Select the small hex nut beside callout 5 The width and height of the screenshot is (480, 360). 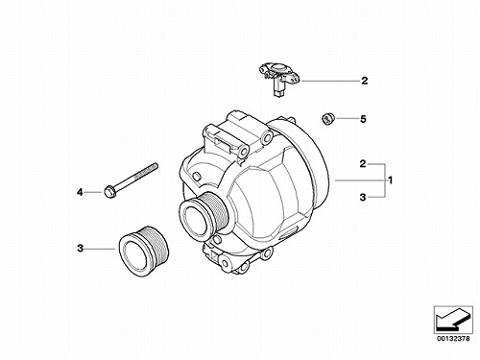[x=327, y=119]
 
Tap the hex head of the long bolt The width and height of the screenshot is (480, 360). [x=109, y=193]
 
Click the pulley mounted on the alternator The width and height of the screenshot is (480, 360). [x=203, y=213]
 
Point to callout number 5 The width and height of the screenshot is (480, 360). [x=363, y=119]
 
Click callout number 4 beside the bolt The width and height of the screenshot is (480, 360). [x=80, y=192]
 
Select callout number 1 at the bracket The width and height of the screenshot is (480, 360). [x=391, y=180]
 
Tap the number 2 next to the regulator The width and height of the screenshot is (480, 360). [x=365, y=81]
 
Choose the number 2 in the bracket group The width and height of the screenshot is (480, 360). [x=363, y=164]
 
